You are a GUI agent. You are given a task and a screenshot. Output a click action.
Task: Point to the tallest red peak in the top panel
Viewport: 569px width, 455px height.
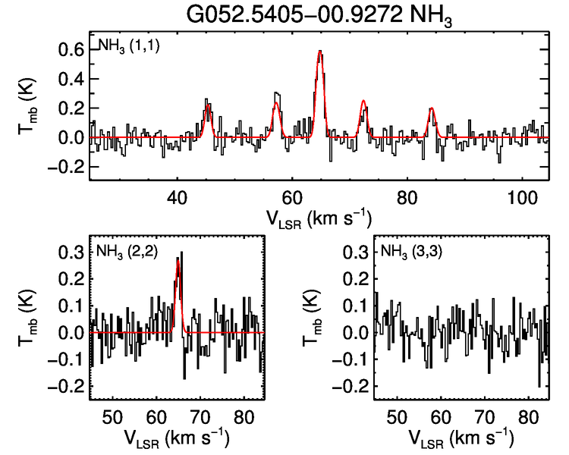[x=320, y=52]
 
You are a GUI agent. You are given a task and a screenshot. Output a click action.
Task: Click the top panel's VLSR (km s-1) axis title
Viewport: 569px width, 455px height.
[x=319, y=218]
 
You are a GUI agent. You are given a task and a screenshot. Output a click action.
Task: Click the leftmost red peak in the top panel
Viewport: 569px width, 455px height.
[x=207, y=105]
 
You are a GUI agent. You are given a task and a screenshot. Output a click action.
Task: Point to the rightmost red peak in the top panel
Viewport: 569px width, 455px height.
[x=432, y=109]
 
